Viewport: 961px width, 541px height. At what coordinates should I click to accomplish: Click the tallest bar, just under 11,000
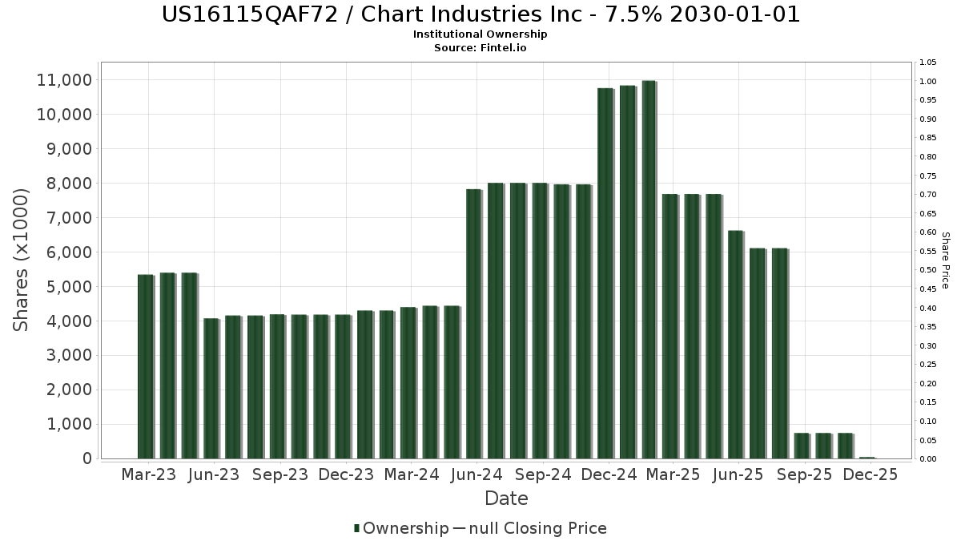pos(649,269)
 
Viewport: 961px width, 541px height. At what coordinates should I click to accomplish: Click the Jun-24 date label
pos(477,475)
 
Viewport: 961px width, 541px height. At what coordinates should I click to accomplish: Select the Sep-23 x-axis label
pos(279,475)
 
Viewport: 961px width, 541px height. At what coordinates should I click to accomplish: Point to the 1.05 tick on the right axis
pos(928,63)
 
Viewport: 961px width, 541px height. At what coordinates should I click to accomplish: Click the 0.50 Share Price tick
pos(928,270)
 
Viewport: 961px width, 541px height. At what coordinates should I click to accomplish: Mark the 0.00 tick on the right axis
pos(928,459)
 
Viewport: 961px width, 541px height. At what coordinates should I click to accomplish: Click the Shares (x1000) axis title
pos(22,260)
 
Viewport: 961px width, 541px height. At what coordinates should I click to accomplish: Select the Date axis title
pos(506,499)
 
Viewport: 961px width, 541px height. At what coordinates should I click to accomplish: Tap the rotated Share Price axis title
pos(945,260)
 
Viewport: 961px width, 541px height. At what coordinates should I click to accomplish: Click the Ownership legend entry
pos(401,528)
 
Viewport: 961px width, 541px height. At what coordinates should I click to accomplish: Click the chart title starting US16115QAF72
pos(480,14)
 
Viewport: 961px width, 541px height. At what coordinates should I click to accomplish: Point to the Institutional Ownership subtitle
pos(480,34)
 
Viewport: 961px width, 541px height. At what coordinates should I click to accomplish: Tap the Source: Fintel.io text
pos(480,47)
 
